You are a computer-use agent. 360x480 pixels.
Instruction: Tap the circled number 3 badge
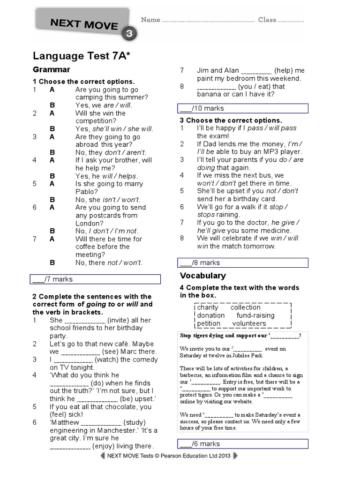[128, 34]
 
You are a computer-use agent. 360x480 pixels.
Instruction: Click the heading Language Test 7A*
[82, 56]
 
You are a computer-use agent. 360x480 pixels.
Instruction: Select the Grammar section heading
[52, 70]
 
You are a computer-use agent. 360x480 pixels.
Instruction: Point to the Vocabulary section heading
[203, 276]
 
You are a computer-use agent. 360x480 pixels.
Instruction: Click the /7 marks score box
[95, 279]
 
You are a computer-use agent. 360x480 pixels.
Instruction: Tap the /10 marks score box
[244, 108]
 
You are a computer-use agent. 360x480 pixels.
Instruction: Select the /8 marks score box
[244, 262]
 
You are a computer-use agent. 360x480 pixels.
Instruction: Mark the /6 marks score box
[244, 444]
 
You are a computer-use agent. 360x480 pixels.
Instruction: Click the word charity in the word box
[208, 307]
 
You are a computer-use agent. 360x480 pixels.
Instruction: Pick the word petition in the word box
[209, 323]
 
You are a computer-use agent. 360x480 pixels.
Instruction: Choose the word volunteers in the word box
[249, 323]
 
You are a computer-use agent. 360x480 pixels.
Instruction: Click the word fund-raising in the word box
[255, 315]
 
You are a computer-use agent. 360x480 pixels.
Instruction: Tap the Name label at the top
[150, 20]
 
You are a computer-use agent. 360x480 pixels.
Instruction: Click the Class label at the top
[267, 20]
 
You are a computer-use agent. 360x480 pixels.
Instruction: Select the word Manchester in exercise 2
[118, 430]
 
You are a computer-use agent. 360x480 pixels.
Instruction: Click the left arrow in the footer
[102, 456]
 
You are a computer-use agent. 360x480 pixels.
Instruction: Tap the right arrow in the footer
[235, 456]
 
